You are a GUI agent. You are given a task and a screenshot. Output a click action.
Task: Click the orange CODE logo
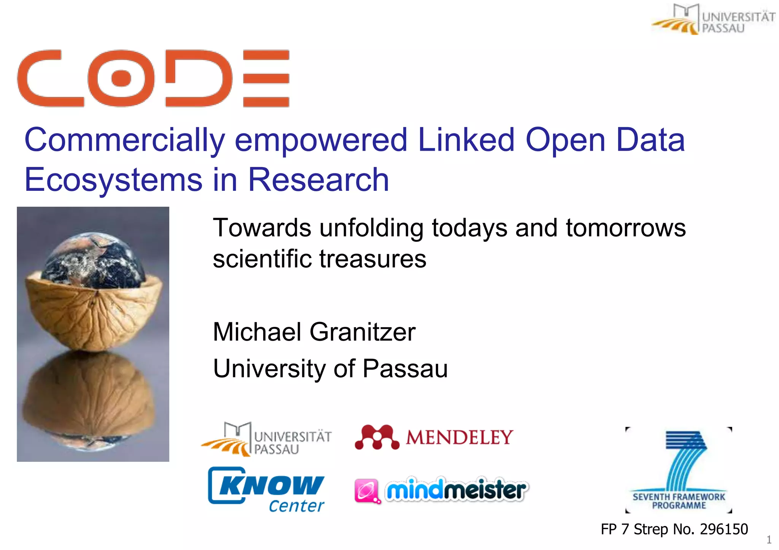[153, 78]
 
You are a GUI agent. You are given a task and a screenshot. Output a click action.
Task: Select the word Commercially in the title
[125, 140]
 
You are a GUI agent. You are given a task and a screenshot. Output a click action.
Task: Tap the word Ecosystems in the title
[113, 180]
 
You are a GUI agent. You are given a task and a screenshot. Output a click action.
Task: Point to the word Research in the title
[318, 180]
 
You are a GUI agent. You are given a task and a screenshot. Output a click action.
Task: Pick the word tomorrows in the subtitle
[626, 228]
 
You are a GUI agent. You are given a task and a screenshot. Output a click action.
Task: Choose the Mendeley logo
[434, 437]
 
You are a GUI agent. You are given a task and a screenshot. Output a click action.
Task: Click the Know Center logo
[266, 490]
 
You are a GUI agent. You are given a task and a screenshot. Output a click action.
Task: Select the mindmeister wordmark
[456, 490]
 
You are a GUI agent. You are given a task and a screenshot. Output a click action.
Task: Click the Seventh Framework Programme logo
[679, 471]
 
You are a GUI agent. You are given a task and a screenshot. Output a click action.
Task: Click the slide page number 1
[769, 540]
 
